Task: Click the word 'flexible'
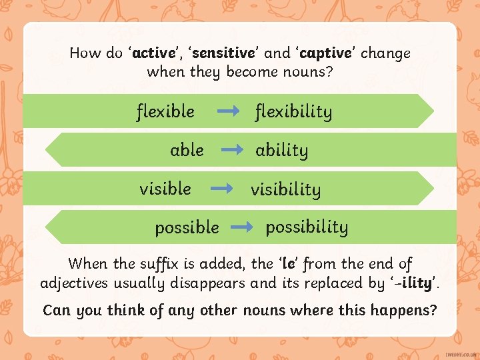coord(165,111)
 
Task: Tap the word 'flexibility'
coord(293,111)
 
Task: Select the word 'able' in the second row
coord(187,150)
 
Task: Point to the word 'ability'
coord(281,150)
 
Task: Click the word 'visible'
coord(165,189)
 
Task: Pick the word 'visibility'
coord(285,189)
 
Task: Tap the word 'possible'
coord(187,228)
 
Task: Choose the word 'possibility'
coord(307,227)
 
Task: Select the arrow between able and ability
coord(232,151)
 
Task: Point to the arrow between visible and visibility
coord(221,189)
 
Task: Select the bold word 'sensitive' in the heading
coord(224,53)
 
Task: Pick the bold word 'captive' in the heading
coord(326,53)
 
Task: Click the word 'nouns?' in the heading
coord(304,71)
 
